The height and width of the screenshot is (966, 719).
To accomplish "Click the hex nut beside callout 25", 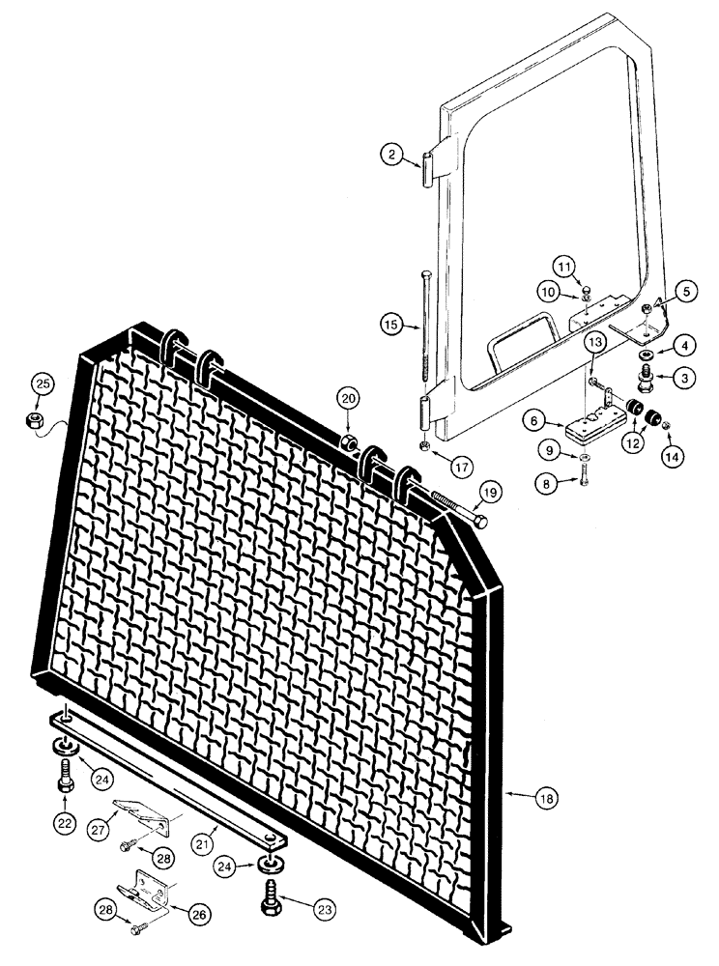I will pyautogui.click(x=31, y=421).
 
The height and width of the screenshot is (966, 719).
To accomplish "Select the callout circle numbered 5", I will pyautogui.click(x=683, y=288).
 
